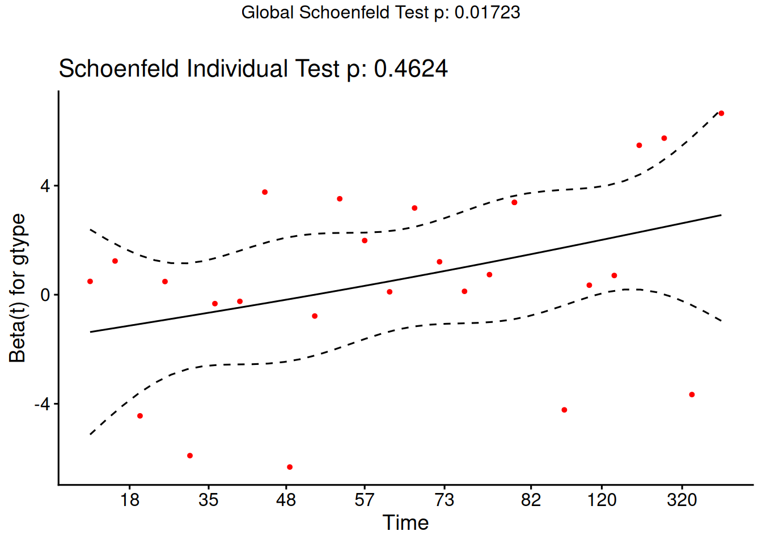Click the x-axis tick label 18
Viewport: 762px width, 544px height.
coord(130,500)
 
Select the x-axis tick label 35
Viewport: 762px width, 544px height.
coord(209,500)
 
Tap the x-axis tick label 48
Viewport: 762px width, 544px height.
coord(286,500)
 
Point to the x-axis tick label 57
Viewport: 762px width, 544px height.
coord(365,500)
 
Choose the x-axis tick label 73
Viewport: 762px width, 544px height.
coord(444,500)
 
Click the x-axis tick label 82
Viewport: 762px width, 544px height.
coord(531,500)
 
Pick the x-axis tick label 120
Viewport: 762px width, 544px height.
coord(602,500)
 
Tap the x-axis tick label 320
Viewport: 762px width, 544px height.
coord(681,500)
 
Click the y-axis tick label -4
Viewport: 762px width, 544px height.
coord(42,404)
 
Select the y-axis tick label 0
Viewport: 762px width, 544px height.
coord(45,295)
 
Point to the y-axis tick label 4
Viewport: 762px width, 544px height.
coord(45,186)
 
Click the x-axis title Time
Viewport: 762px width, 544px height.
coord(405,522)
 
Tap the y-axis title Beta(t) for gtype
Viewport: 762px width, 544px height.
coord(18,288)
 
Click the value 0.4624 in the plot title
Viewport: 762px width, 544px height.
coord(411,69)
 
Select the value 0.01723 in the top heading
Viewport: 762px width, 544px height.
coord(488,12)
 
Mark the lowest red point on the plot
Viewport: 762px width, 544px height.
coord(290,467)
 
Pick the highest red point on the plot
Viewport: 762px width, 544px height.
coord(721,113)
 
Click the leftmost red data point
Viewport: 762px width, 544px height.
coord(90,282)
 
